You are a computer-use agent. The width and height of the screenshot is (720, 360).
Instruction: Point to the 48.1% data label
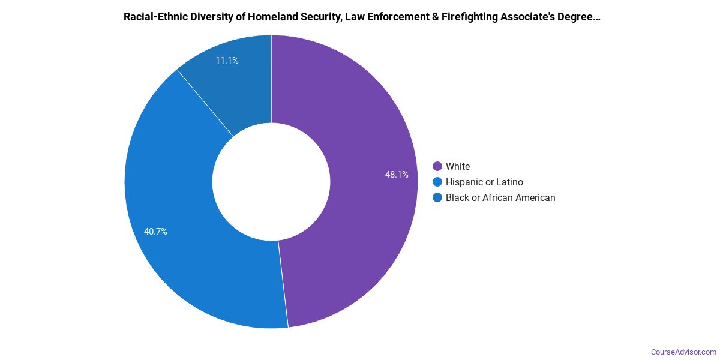tap(397, 175)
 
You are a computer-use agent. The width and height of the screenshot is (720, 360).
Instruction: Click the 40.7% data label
tap(155, 231)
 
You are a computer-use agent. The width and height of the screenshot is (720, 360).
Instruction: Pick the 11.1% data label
tap(227, 61)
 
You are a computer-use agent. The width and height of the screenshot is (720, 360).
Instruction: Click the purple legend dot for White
tap(437, 166)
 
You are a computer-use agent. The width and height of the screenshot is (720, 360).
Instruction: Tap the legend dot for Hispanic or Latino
tap(437, 182)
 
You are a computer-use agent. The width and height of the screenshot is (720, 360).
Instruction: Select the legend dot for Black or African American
tap(437, 197)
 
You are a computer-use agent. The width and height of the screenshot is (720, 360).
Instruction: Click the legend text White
tap(458, 166)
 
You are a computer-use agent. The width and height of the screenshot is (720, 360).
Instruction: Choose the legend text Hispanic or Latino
tap(484, 182)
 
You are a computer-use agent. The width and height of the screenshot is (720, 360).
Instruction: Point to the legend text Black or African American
tap(500, 197)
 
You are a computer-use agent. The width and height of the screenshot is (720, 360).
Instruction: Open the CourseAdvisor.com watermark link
tap(683, 352)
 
